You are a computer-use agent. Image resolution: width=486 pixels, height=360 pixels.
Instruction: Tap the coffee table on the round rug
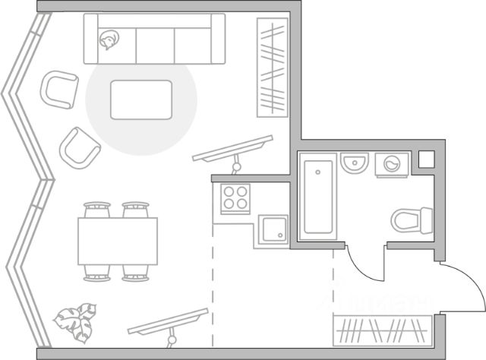141,99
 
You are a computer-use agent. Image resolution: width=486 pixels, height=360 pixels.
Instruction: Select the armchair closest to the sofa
60,89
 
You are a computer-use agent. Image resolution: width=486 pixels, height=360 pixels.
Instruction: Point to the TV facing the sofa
232,149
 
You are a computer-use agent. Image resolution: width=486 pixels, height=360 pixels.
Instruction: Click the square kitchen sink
272,229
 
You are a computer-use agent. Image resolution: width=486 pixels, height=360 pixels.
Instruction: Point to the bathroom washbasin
355,163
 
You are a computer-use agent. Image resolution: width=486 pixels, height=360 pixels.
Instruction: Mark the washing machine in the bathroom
393,164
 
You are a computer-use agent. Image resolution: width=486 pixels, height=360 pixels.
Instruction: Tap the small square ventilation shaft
426,159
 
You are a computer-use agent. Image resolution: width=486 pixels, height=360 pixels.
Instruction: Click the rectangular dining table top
118,241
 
